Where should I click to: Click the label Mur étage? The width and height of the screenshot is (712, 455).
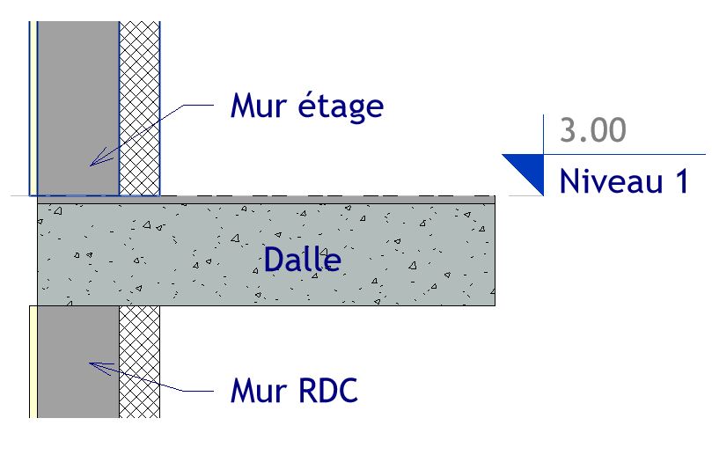306,106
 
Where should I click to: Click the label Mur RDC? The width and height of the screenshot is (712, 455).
294,390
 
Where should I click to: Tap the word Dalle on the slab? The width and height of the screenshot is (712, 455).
302,260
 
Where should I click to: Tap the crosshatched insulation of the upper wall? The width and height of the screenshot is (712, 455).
139,106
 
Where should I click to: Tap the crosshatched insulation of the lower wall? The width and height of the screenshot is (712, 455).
139,361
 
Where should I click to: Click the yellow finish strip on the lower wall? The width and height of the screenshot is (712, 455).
33,361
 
